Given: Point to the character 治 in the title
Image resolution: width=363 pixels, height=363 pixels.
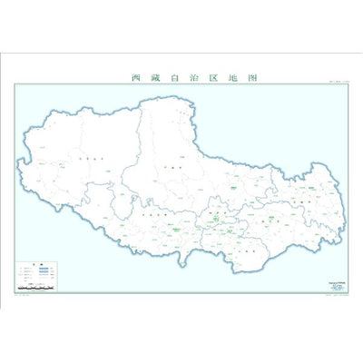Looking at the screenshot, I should pos(191,78).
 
